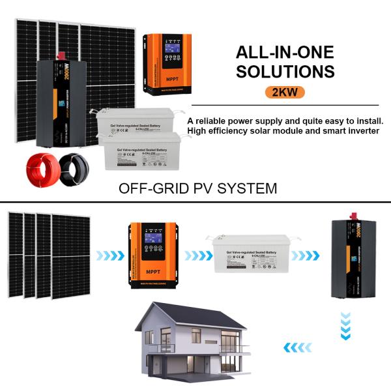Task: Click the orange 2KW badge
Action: click(285, 92)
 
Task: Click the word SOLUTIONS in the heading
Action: click(285, 71)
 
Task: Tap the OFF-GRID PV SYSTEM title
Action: click(198, 188)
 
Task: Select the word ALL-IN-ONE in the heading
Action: click(285, 52)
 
